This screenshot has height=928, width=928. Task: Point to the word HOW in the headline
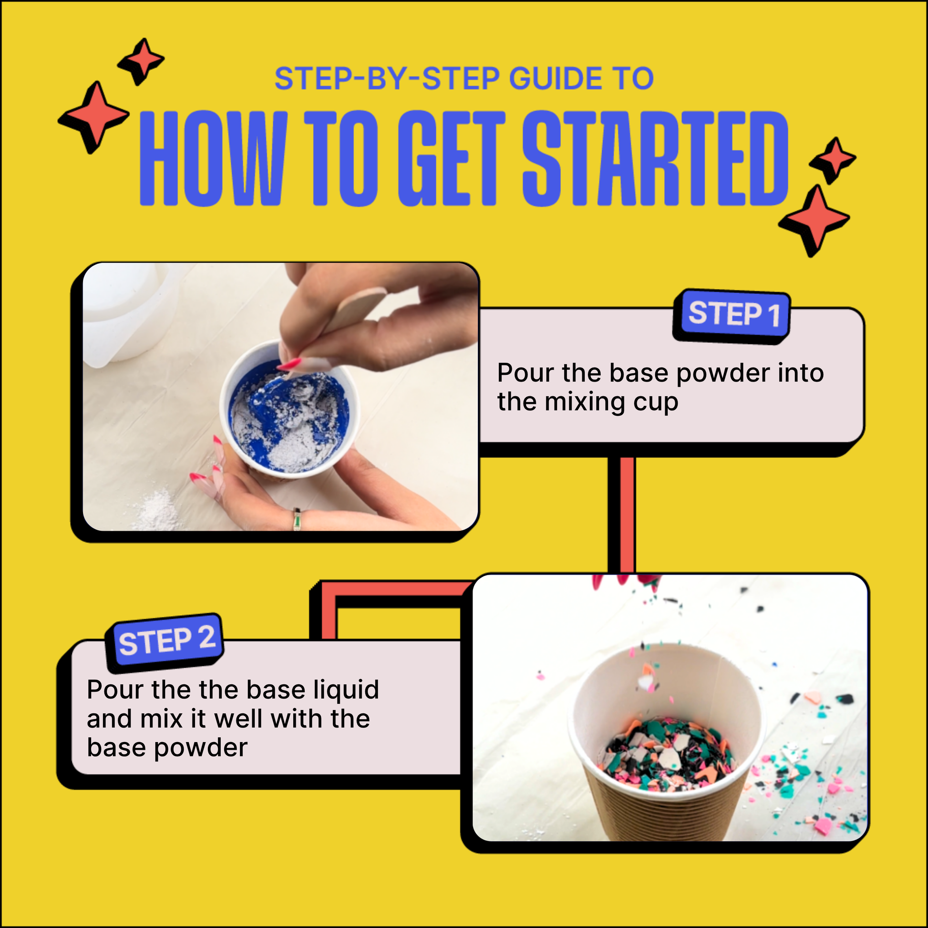point(213,158)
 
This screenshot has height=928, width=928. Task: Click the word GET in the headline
point(452,158)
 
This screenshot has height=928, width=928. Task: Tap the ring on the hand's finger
point(298,519)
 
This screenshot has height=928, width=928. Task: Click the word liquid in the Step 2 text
point(346,690)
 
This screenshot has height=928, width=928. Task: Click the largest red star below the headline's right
point(815,219)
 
